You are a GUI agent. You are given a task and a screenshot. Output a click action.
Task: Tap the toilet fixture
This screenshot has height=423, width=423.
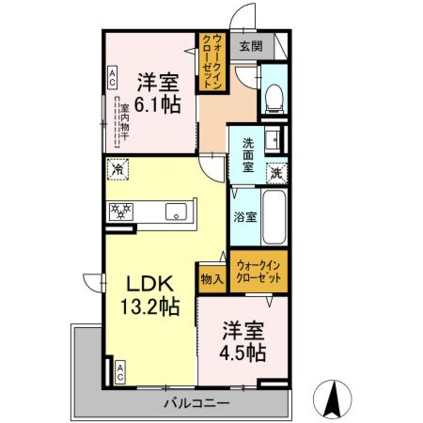(x=273, y=97)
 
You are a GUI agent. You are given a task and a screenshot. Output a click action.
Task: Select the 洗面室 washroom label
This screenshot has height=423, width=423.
(x=248, y=154)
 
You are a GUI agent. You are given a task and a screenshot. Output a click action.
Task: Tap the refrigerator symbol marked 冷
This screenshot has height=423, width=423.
(x=118, y=168)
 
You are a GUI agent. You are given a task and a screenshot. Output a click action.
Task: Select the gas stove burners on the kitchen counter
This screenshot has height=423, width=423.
(x=120, y=210)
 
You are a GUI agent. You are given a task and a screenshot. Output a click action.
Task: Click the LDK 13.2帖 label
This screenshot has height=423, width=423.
(x=148, y=295)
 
